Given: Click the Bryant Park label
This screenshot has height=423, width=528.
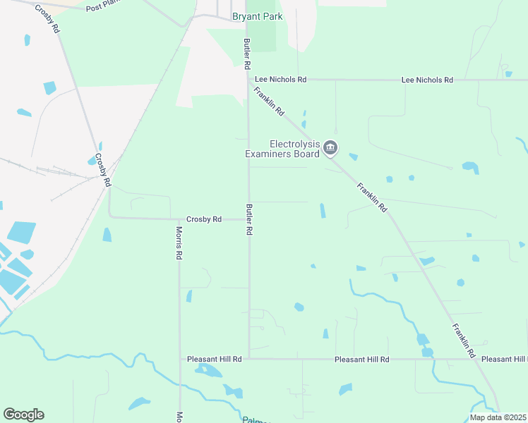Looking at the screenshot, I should click(258, 16).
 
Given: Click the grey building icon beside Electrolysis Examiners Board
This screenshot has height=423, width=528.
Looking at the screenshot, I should click(331, 148).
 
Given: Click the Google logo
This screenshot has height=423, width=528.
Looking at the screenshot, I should click(23, 415).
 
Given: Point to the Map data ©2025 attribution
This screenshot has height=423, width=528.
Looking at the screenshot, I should click(498, 417).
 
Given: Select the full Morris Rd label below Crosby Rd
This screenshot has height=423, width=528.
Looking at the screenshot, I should click(179, 244).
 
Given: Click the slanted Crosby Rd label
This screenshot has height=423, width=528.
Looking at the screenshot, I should click(103, 170).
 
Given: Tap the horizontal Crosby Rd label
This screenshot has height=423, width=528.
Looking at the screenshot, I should click(203, 219).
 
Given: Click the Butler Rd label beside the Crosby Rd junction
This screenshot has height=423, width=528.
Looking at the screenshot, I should click(248, 220).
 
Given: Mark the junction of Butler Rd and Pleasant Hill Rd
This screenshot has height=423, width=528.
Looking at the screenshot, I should click(248, 359).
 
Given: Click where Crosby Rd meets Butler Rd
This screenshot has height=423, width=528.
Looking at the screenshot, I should click(248, 219).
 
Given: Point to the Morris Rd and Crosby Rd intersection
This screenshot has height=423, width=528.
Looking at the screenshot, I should click(179, 219).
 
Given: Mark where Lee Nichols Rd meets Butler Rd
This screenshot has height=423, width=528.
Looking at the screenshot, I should click(248, 80).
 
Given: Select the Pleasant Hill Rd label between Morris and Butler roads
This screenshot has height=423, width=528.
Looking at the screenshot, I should click(215, 359).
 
